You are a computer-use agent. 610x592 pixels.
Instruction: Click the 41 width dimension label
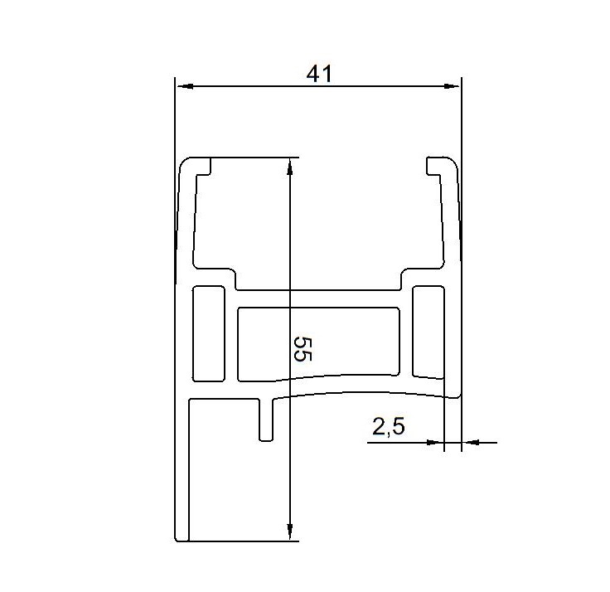[319, 74]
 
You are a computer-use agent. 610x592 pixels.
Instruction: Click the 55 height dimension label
[303, 349]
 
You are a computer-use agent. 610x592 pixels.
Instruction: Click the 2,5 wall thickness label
[388, 426]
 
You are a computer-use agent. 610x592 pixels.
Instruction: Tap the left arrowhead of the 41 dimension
[184, 86]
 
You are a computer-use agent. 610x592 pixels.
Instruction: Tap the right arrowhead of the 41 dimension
[453, 86]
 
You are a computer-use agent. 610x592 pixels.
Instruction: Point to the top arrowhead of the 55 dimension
[289, 167]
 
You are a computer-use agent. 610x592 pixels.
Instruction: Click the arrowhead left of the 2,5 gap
[435, 442]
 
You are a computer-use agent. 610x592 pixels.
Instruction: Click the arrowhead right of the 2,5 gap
[470, 442]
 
